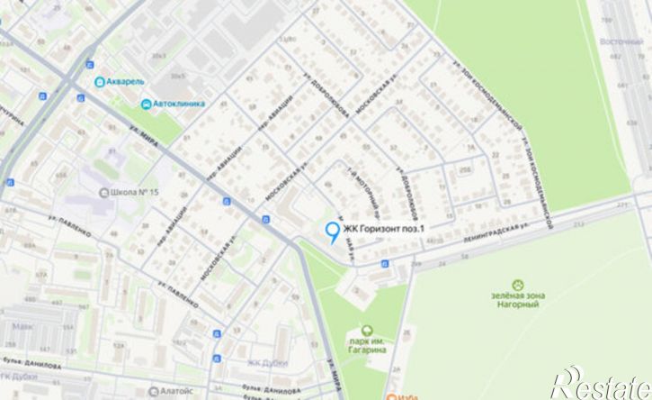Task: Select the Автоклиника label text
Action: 180,104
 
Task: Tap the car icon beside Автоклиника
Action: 146,104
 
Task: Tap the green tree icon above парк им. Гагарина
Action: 367,331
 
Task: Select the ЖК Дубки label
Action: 265,363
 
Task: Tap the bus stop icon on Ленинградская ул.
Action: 385,263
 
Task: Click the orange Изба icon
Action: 393,395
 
